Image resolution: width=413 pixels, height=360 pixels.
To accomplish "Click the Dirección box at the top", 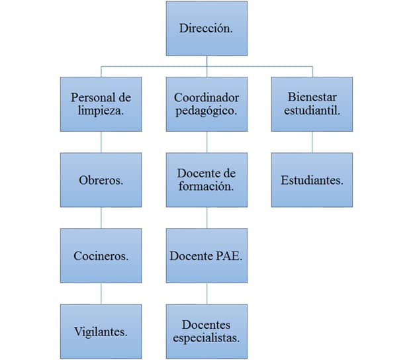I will point(206,28).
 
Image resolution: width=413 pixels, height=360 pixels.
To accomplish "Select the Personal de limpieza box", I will point(101,104).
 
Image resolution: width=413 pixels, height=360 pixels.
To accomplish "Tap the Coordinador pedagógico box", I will point(206,104).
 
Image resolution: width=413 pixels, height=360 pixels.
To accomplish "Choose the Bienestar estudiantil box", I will point(312,104).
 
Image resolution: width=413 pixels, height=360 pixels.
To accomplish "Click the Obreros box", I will point(101,180).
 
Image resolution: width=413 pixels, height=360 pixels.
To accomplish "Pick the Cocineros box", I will point(101,255).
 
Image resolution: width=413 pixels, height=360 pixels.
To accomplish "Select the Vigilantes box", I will point(101,331).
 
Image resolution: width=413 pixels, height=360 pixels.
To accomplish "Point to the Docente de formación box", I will point(206,180).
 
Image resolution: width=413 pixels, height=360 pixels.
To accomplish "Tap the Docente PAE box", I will point(206,255).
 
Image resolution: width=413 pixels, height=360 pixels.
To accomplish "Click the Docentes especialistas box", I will point(206,331).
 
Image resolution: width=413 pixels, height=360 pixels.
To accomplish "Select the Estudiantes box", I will point(312,180).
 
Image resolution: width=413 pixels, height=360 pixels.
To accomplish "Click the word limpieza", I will point(101,111).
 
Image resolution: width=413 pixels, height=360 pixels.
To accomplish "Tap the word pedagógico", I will point(206,111).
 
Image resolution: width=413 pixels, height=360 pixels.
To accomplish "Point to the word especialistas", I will point(206,337).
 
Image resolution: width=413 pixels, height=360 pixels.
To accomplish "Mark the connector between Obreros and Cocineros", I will point(101,218).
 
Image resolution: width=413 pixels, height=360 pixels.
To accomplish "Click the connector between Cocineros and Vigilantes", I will point(101,293).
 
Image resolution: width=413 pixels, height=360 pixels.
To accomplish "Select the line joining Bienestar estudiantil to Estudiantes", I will point(312,142).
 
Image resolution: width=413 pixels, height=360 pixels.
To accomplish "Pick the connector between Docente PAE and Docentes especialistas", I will point(206,293).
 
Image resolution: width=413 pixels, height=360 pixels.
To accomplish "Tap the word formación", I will point(206,187).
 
